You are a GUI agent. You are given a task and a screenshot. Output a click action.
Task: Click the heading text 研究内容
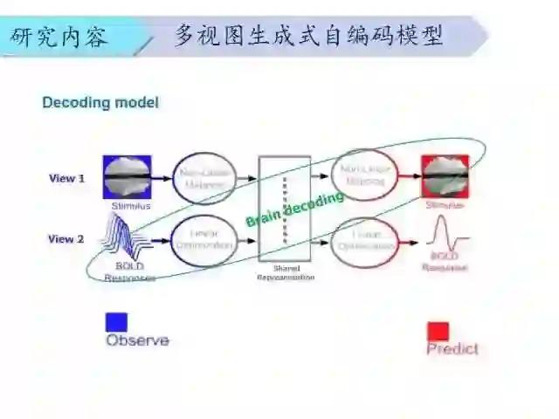pos(59,37)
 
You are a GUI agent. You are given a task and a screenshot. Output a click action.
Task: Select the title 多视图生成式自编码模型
pos(308,36)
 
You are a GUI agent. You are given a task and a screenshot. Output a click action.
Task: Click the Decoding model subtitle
pos(100,102)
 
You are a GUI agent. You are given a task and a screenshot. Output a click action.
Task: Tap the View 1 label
pos(66,178)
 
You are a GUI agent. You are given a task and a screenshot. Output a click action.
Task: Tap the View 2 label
pos(66,238)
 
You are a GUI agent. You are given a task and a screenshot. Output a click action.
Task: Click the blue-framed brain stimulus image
pos(128,177)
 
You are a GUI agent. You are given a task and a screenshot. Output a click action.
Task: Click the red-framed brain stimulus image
pos(445,177)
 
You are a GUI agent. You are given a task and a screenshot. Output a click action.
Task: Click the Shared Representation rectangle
pos(284,208)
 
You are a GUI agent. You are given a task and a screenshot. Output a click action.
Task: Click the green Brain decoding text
pos(294,209)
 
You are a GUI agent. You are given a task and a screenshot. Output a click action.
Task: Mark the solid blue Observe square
pos(116,322)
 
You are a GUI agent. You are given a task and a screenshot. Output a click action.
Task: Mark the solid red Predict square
pos(438,332)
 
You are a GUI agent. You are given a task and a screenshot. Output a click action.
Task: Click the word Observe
pos(137,340)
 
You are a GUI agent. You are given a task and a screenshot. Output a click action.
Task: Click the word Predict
pos(452,349)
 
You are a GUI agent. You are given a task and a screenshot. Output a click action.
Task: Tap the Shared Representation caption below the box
pos(285,273)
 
